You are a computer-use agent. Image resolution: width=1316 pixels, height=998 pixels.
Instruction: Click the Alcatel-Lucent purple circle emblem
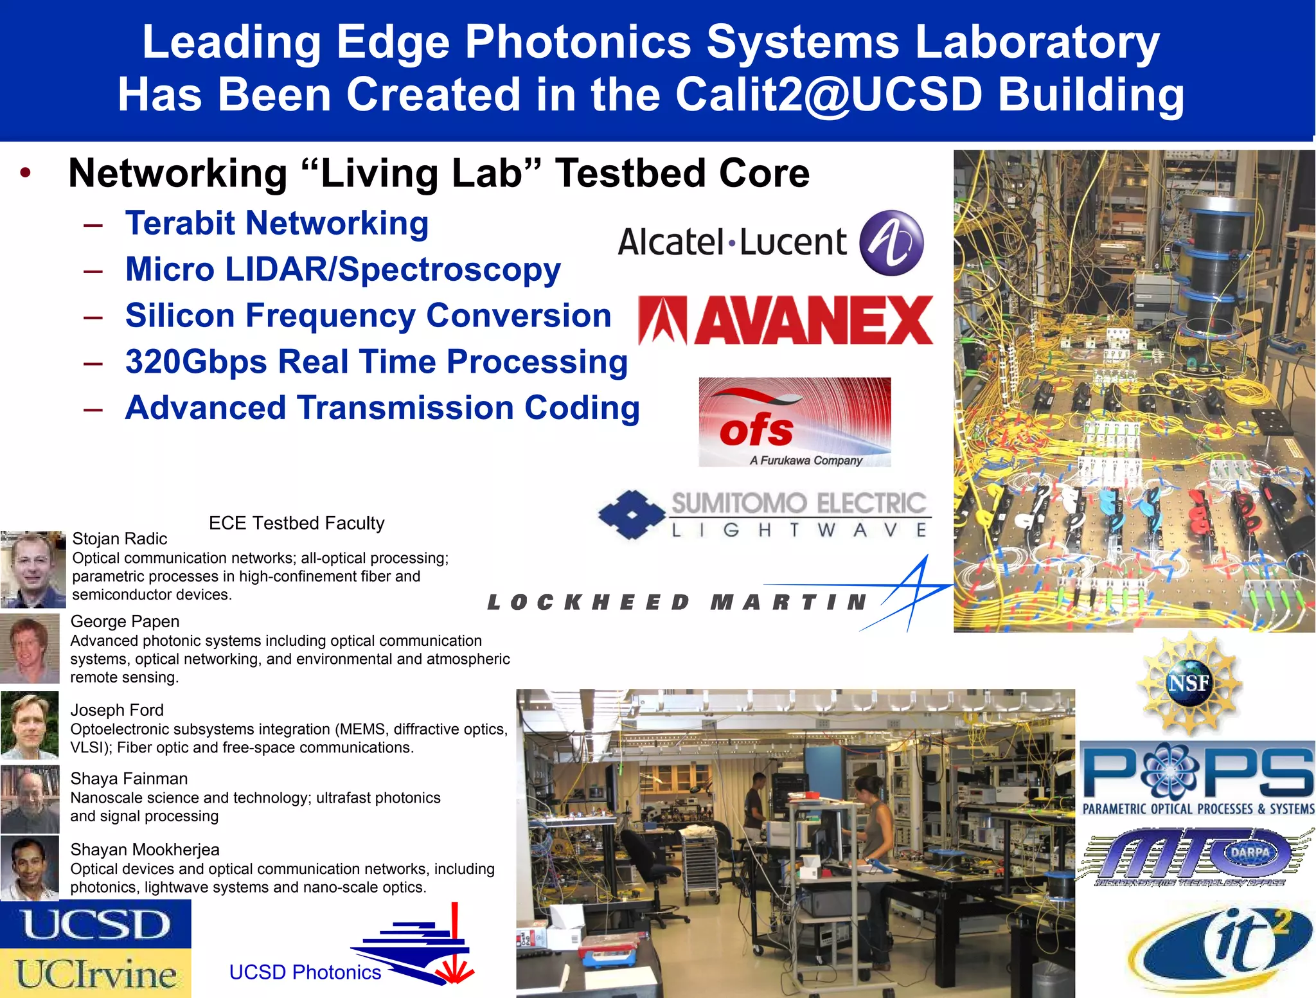pos(891,243)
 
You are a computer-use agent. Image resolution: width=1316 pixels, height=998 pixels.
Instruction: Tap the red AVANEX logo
pos(785,321)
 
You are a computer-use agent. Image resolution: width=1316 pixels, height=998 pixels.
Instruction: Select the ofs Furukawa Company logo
pos(794,422)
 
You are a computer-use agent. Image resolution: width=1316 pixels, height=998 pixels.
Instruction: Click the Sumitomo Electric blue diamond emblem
pos(632,514)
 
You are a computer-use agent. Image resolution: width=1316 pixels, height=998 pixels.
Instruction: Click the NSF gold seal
pos(1189,682)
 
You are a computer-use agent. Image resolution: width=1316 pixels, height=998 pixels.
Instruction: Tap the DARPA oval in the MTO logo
pos(1249,853)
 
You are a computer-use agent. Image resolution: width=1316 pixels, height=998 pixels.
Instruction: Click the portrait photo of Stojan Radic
pos(33,569)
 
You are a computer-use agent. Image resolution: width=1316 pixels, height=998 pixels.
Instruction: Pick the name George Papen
pos(125,621)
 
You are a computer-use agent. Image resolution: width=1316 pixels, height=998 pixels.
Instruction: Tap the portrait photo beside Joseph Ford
pos(30,725)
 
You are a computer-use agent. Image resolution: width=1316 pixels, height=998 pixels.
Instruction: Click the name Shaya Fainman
pos(129,779)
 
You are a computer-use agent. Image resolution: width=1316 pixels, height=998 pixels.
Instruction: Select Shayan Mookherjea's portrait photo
pos(30,868)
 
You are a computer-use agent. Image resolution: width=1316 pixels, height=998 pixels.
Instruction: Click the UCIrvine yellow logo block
pos(95,973)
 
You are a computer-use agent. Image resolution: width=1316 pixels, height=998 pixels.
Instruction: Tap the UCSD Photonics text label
pos(305,972)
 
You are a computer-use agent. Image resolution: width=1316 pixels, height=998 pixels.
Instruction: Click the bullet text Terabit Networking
pos(276,224)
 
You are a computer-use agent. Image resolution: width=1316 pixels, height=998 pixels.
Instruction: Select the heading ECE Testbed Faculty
pos(296,523)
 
